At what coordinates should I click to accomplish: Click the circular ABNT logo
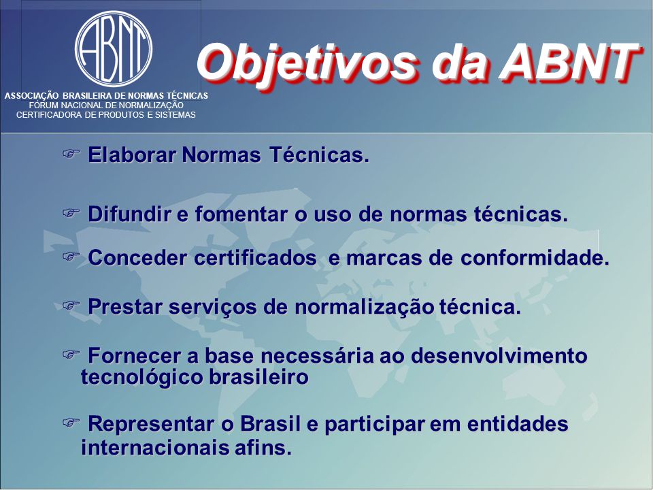114,49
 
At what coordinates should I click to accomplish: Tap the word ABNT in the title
569,62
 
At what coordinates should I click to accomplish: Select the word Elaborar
132,154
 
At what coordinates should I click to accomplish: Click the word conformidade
535,257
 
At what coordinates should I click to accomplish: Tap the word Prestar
125,307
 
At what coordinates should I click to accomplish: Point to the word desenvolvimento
499,356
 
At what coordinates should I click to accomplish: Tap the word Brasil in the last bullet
271,424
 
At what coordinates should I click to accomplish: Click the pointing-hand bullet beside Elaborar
71,153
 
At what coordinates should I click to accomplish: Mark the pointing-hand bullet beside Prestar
71,306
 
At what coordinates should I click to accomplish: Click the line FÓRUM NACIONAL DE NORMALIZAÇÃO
106,105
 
